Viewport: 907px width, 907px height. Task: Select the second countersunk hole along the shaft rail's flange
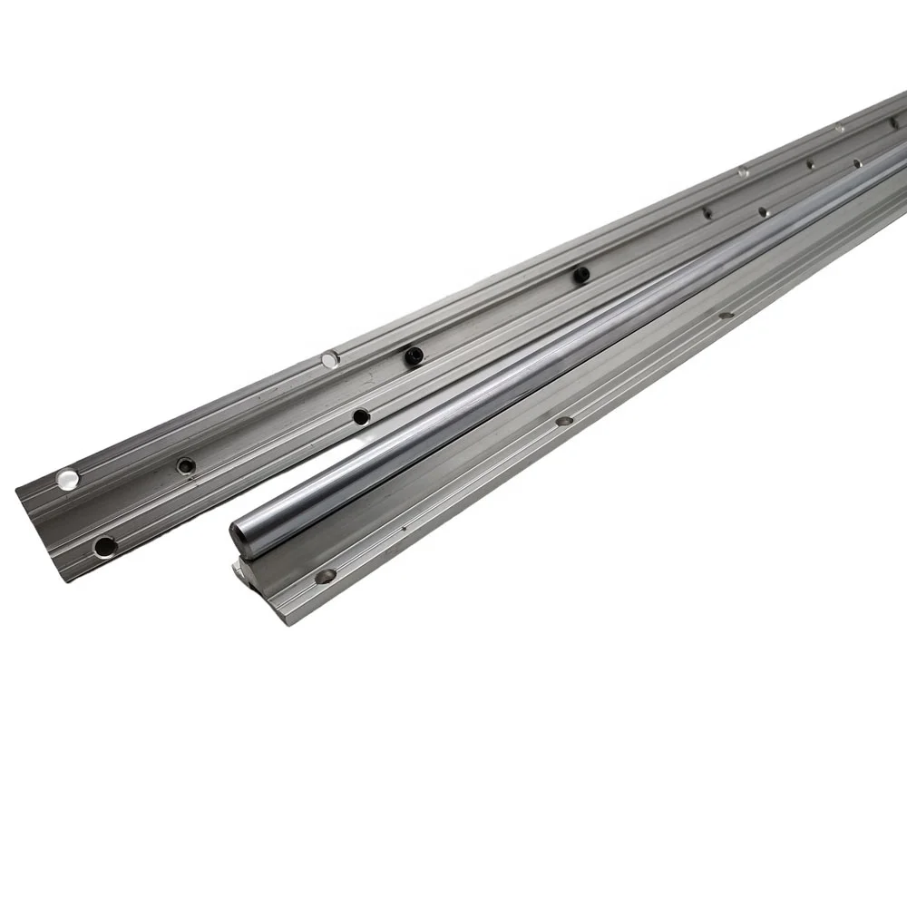coord(563,421)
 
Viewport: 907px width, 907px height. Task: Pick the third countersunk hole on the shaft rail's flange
coord(725,316)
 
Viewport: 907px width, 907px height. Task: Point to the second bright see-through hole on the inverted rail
coord(330,360)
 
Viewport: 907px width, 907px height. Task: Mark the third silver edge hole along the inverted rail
coord(743,171)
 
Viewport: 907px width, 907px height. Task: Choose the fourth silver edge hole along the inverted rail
coord(839,128)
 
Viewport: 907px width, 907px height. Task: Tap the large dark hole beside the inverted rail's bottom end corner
coord(105,546)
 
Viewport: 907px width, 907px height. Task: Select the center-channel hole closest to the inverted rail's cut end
coord(186,465)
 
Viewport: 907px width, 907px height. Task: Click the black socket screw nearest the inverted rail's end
coord(414,353)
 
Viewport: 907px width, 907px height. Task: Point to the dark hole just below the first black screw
coord(361,416)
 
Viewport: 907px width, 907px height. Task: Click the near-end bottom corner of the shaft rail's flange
coord(288,624)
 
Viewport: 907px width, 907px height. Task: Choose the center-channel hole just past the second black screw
coord(707,212)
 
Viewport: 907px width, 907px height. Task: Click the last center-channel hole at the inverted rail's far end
coord(893,123)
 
